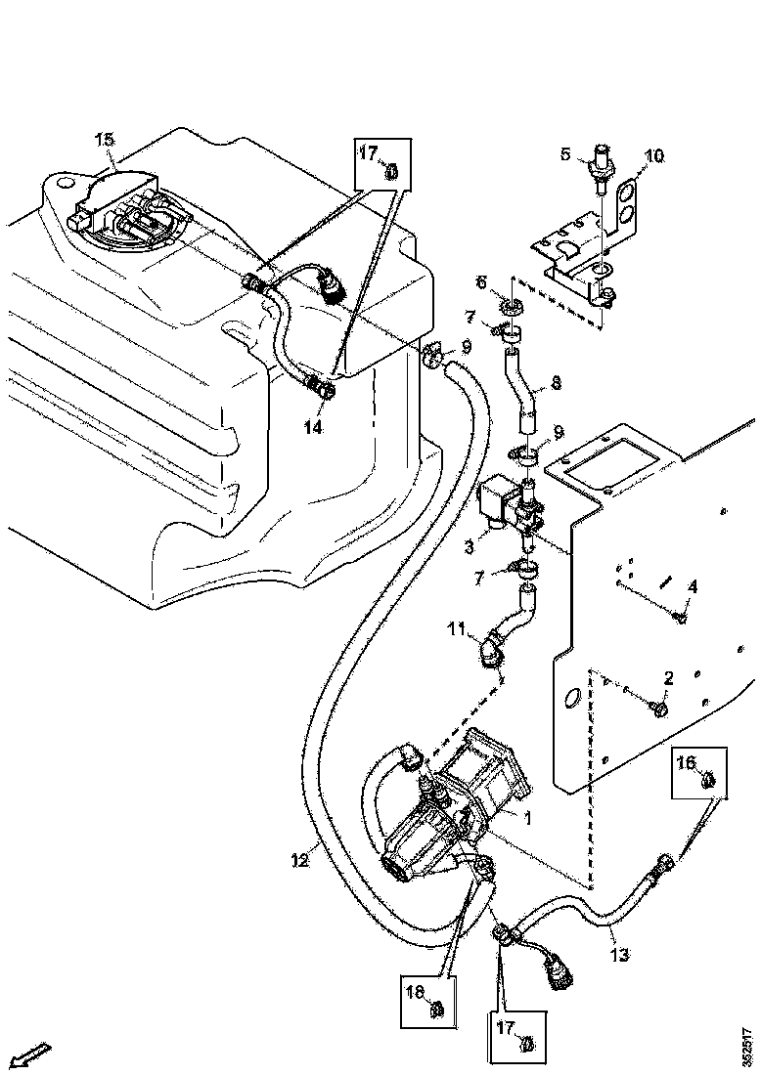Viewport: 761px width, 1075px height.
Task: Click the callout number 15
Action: point(104,140)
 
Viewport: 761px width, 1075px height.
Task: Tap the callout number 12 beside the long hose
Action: point(301,860)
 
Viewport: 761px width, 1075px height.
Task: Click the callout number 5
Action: point(565,153)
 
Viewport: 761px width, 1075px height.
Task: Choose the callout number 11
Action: point(456,631)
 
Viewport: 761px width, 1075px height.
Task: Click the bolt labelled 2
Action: point(660,706)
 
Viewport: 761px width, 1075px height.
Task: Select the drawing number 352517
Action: point(749,1043)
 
